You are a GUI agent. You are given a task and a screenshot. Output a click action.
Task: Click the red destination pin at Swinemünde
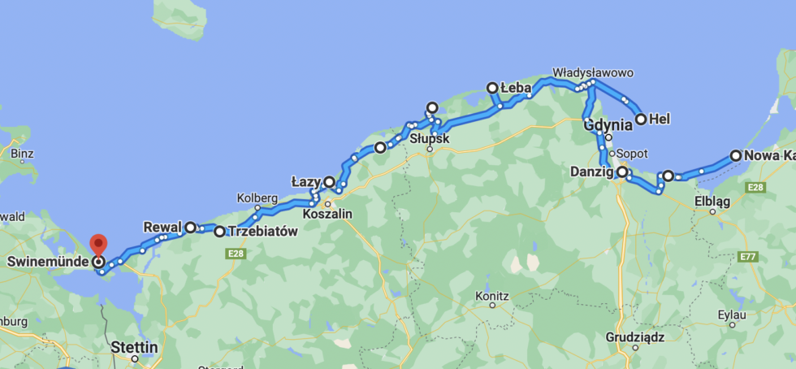tap(98, 245)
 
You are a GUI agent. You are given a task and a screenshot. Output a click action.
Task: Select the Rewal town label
tap(162, 227)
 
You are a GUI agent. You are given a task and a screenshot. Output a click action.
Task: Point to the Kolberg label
tap(257, 198)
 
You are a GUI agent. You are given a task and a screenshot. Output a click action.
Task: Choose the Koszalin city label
tap(327, 214)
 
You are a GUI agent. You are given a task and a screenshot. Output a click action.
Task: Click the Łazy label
tap(306, 180)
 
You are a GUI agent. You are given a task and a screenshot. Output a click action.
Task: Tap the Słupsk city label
tap(430, 138)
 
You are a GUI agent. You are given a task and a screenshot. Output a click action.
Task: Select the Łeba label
tap(516, 87)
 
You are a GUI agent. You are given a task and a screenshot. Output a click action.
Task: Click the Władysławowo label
tap(593, 72)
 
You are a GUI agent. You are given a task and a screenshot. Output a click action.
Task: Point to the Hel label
tap(660, 119)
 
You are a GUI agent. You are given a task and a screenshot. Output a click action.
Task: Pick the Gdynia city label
tap(608, 125)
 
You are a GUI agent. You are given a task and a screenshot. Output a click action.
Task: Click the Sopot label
tap(632, 153)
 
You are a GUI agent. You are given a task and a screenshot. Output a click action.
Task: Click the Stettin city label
tap(135, 347)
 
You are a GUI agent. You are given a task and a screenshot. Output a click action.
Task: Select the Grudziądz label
tap(635, 336)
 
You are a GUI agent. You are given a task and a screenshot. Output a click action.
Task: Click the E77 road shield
tap(748, 256)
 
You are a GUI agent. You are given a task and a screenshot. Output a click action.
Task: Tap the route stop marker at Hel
tap(641, 119)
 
